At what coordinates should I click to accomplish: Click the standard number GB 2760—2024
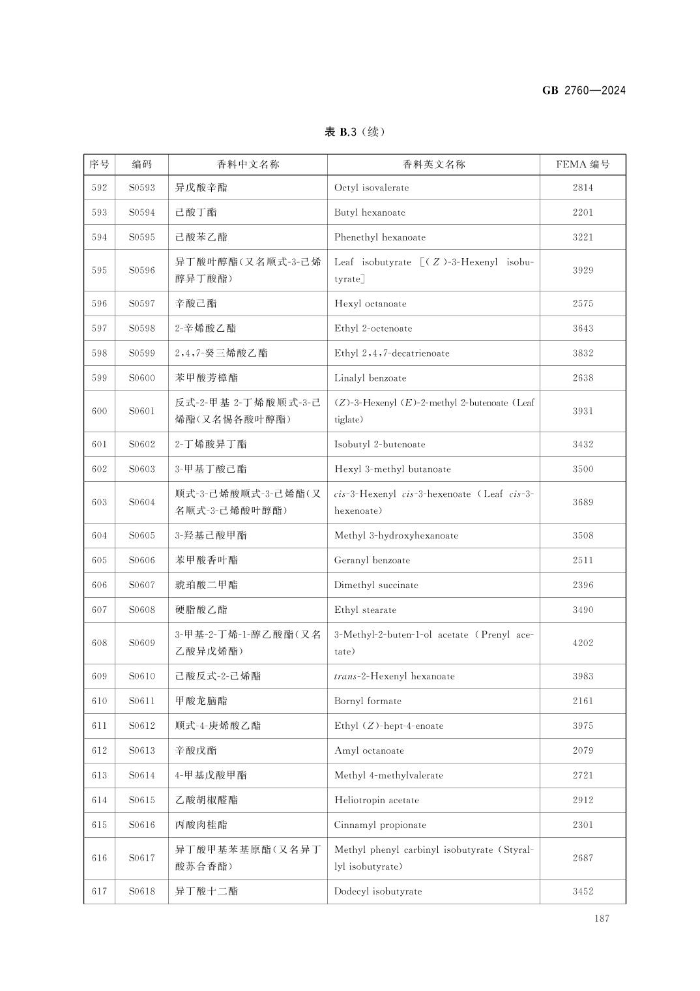click(x=583, y=91)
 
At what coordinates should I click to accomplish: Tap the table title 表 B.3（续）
click(x=355, y=132)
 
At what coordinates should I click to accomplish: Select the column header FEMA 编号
click(x=583, y=164)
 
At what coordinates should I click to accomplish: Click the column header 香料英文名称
click(x=433, y=164)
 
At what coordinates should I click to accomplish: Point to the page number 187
click(x=602, y=919)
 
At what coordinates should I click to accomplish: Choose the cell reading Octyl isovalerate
click(x=372, y=188)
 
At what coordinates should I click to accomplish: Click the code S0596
click(x=141, y=270)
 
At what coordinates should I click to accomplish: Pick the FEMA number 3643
click(x=583, y=329)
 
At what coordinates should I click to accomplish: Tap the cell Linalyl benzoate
click(x=370, y=378)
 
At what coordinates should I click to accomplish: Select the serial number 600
click(x=99, y=411)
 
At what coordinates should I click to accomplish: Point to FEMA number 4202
click(x=583, y=643)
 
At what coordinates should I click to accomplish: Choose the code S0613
click(x=141, y=750)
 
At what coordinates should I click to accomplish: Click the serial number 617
click(x=99, y=891)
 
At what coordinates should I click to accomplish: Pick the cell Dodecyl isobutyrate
click(x=378, y=891)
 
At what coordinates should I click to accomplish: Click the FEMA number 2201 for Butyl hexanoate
click(x=583, y=213)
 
